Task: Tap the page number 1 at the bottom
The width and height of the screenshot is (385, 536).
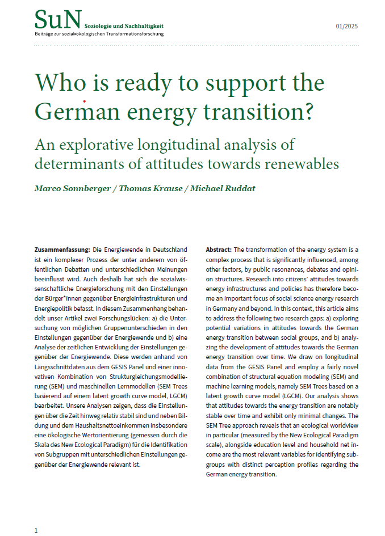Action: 36,530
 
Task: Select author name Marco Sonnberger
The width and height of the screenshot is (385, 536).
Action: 71,188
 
